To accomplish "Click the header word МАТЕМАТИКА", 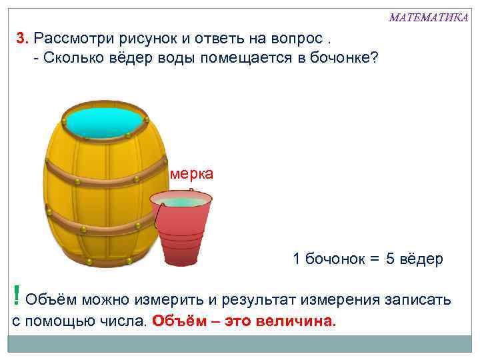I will [x=428, y=17].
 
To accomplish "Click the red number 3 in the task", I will [x=21, y=38].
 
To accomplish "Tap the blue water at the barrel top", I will [x=106, y=121].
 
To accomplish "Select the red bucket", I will [x=181, y=230].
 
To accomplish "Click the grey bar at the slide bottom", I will [x=240, y=344].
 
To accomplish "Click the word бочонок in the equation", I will [x=333, y=259].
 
